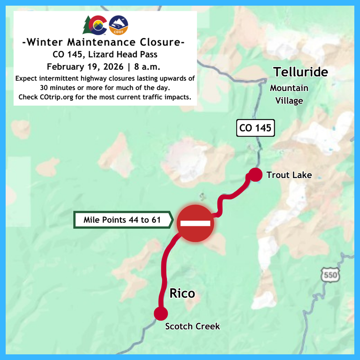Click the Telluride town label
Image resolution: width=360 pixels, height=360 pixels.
[x=300, y=72]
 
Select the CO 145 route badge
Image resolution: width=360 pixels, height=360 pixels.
[x=255, y=127]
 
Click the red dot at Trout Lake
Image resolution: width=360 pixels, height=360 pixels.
[x=255, y=175]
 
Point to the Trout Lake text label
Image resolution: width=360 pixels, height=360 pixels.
[x=289, y=175]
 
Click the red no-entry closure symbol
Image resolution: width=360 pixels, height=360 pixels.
[x=195, y=223]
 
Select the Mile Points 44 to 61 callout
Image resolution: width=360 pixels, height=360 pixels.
[x=123, y=219]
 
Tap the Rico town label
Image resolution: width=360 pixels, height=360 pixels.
[x=182, y=294]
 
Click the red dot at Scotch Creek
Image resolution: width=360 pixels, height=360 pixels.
[x=161, y=314]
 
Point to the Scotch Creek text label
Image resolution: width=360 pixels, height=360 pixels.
[x=192, y=326]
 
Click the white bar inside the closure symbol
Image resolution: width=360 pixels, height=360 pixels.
[x=195, y=224]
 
